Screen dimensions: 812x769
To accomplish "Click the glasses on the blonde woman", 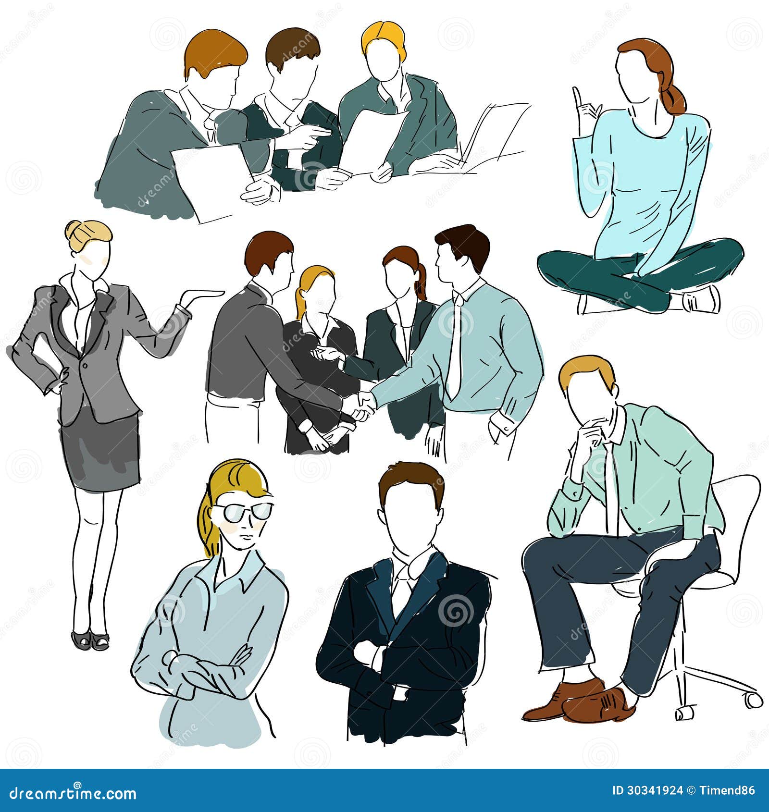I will [x=243, y=513].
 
